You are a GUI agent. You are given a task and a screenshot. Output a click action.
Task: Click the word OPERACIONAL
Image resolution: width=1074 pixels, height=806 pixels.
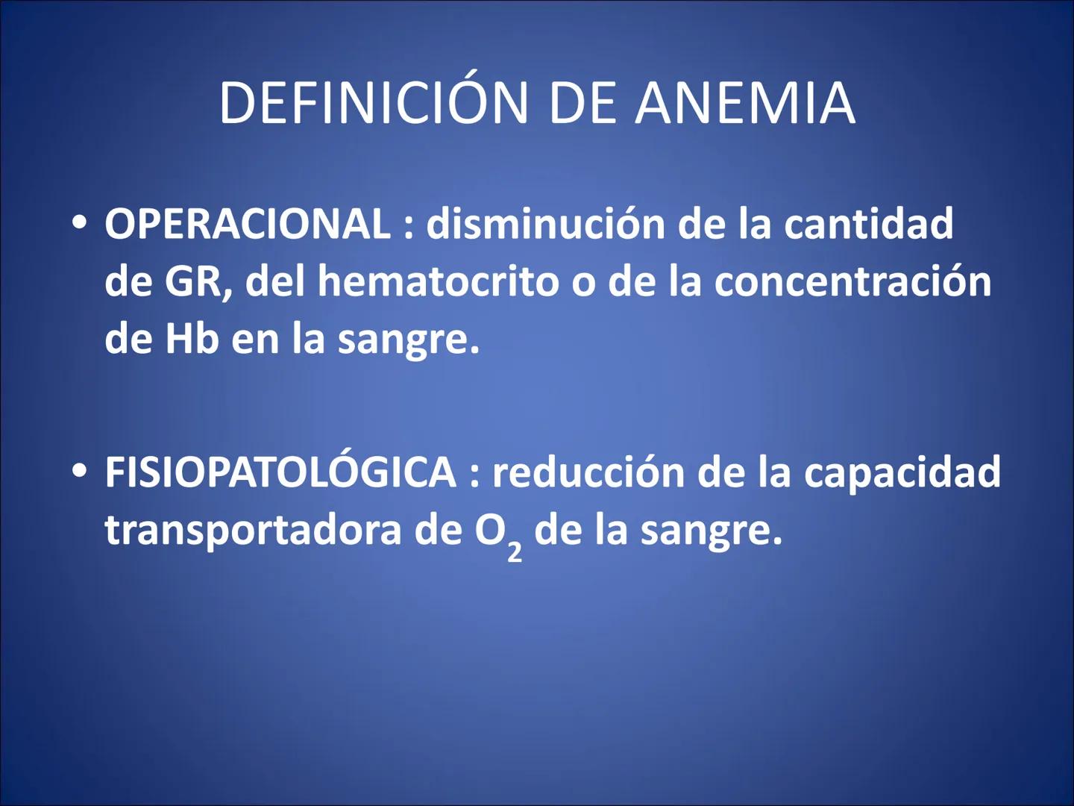248,224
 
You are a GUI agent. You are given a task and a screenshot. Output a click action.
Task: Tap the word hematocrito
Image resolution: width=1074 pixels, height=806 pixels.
438,281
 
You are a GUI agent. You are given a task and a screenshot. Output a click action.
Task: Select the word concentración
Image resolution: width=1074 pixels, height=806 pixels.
852,281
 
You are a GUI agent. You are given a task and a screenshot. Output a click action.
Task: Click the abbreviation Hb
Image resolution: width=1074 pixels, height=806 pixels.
192,339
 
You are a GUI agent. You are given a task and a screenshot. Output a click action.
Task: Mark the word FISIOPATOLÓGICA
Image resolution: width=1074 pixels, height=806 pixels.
280,472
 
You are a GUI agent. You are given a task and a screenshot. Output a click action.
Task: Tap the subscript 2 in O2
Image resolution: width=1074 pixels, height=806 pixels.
515,551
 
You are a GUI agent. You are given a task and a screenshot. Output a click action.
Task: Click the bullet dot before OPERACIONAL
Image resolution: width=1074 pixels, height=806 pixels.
80,223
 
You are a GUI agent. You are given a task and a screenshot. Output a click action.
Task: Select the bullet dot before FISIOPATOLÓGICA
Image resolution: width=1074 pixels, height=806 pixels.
80,472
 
